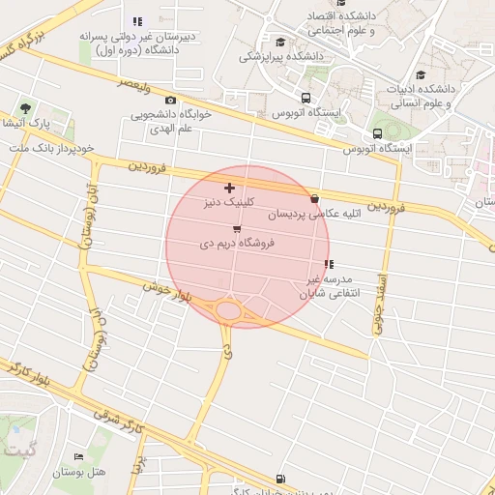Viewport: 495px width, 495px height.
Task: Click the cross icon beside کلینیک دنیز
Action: pos(229,188)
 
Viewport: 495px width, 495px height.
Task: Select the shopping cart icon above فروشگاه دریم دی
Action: pos(238,228)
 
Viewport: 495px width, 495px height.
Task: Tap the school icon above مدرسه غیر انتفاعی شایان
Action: pos(329,264)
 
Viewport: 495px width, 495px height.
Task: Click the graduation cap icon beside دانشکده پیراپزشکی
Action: pos(280,41)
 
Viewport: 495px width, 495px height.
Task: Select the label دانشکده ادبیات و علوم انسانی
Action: pos(445,96)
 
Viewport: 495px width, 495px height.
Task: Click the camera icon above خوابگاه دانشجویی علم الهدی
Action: pos(171,101)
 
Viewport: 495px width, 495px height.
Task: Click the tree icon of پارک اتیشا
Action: pos(25,107)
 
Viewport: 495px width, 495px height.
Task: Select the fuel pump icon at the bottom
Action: pos(281,478)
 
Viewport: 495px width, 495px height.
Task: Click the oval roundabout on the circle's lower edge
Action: pos(229,310)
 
